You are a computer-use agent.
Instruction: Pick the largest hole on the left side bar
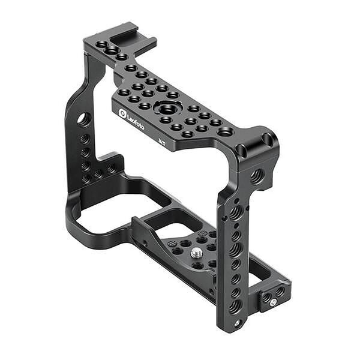[83, 119]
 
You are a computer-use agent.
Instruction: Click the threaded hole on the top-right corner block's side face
[257, 176]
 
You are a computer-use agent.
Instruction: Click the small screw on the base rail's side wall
[145, 244]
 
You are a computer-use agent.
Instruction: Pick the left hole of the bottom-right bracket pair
[266, 296]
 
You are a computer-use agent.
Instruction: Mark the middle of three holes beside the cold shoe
[111, 50]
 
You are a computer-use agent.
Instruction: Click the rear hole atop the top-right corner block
[267, 140]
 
